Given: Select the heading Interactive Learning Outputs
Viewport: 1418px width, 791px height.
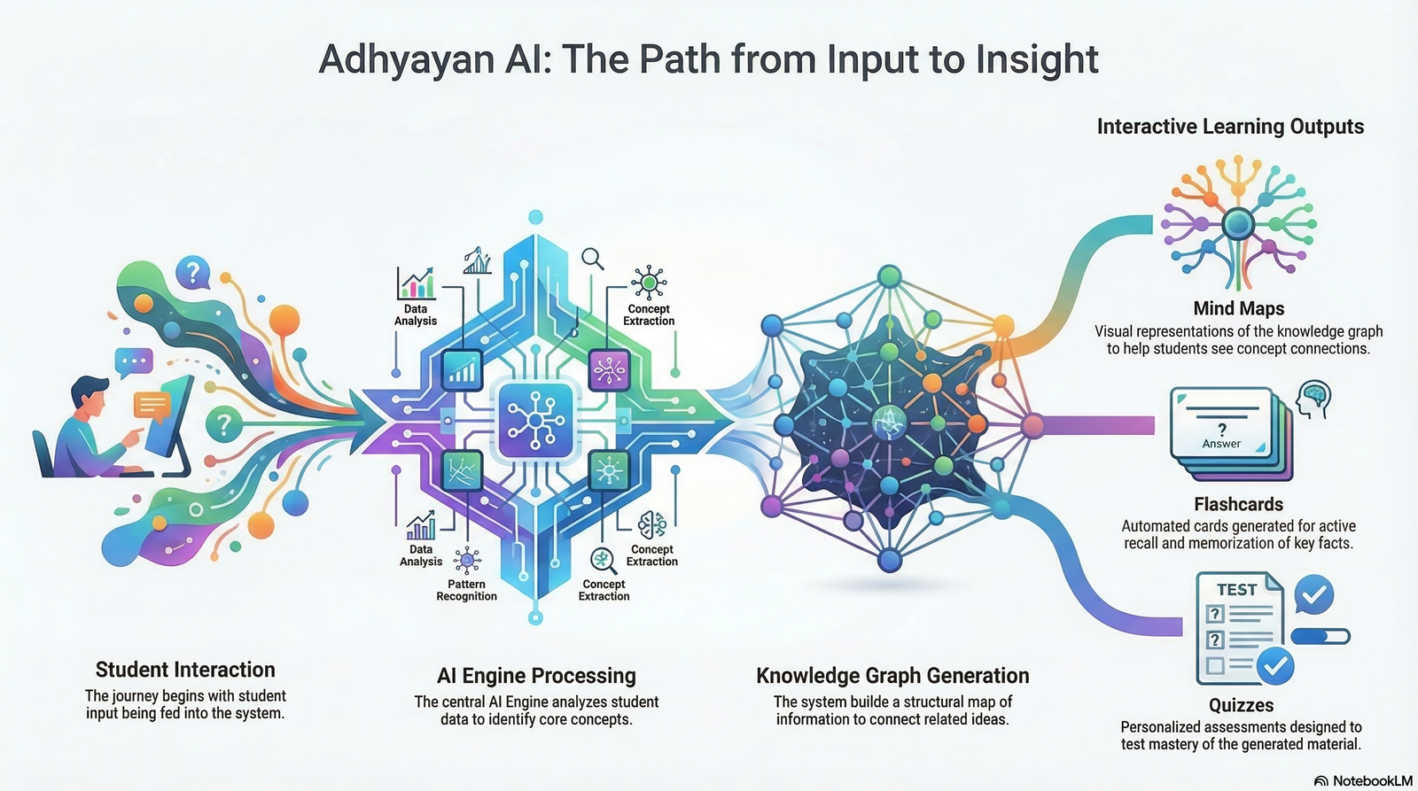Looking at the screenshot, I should coord(1230,127).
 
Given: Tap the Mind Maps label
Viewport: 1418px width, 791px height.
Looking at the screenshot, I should coord(1238,308).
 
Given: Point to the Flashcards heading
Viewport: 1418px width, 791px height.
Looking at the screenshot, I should coord(1238,504).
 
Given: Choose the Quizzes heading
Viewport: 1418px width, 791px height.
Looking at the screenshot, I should coord(1241,705).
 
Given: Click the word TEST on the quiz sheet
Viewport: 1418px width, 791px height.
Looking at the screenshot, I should coord(1236,589).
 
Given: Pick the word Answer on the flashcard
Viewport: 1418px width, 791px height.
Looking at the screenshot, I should coord(1221,444).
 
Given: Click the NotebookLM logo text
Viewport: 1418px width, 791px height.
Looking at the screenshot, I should coord(1371,780).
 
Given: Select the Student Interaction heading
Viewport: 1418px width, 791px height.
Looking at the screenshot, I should coord(185,670).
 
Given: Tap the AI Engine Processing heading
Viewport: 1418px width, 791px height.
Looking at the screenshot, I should coord(536,676).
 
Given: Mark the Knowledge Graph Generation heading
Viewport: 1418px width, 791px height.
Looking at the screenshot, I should coord(892,676).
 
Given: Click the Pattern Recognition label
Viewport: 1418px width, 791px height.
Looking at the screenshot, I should coord(466,590).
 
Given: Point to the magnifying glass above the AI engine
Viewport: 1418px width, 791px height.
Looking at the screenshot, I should coord(592,259).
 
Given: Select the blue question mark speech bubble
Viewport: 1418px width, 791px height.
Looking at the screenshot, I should coord(192,272).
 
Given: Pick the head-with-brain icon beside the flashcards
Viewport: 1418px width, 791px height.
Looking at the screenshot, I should coord(1313,398).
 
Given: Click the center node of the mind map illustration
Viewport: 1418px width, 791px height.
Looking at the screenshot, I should coord(1238,224).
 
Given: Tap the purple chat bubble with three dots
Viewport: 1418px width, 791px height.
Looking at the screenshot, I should coord(134,361).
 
